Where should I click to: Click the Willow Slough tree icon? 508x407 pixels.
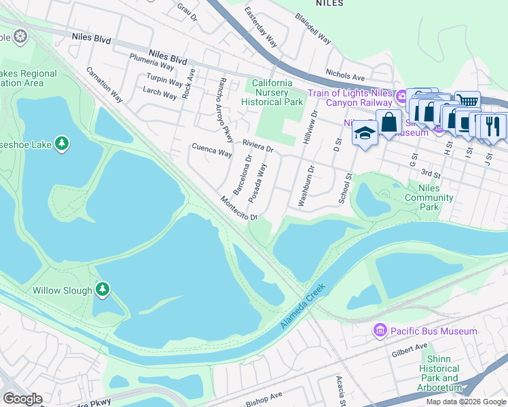coord(103,290)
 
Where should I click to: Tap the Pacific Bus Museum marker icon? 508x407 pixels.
coord(380,331)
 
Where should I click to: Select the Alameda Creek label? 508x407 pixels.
coord(303,307)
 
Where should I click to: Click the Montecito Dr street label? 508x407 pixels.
coord(239,208)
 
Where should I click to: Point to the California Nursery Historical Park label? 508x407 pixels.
coord(272,92)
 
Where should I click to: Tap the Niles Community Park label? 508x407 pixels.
coord(429,197)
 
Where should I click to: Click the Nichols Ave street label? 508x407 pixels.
coord(345,77)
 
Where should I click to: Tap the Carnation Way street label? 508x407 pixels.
coord(104,84)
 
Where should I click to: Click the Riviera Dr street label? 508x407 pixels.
coord(258,147)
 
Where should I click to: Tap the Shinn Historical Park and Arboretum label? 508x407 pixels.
coord(439,378)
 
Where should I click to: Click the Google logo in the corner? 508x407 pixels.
coord(22,399)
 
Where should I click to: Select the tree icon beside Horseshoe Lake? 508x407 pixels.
coord(62,143)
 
